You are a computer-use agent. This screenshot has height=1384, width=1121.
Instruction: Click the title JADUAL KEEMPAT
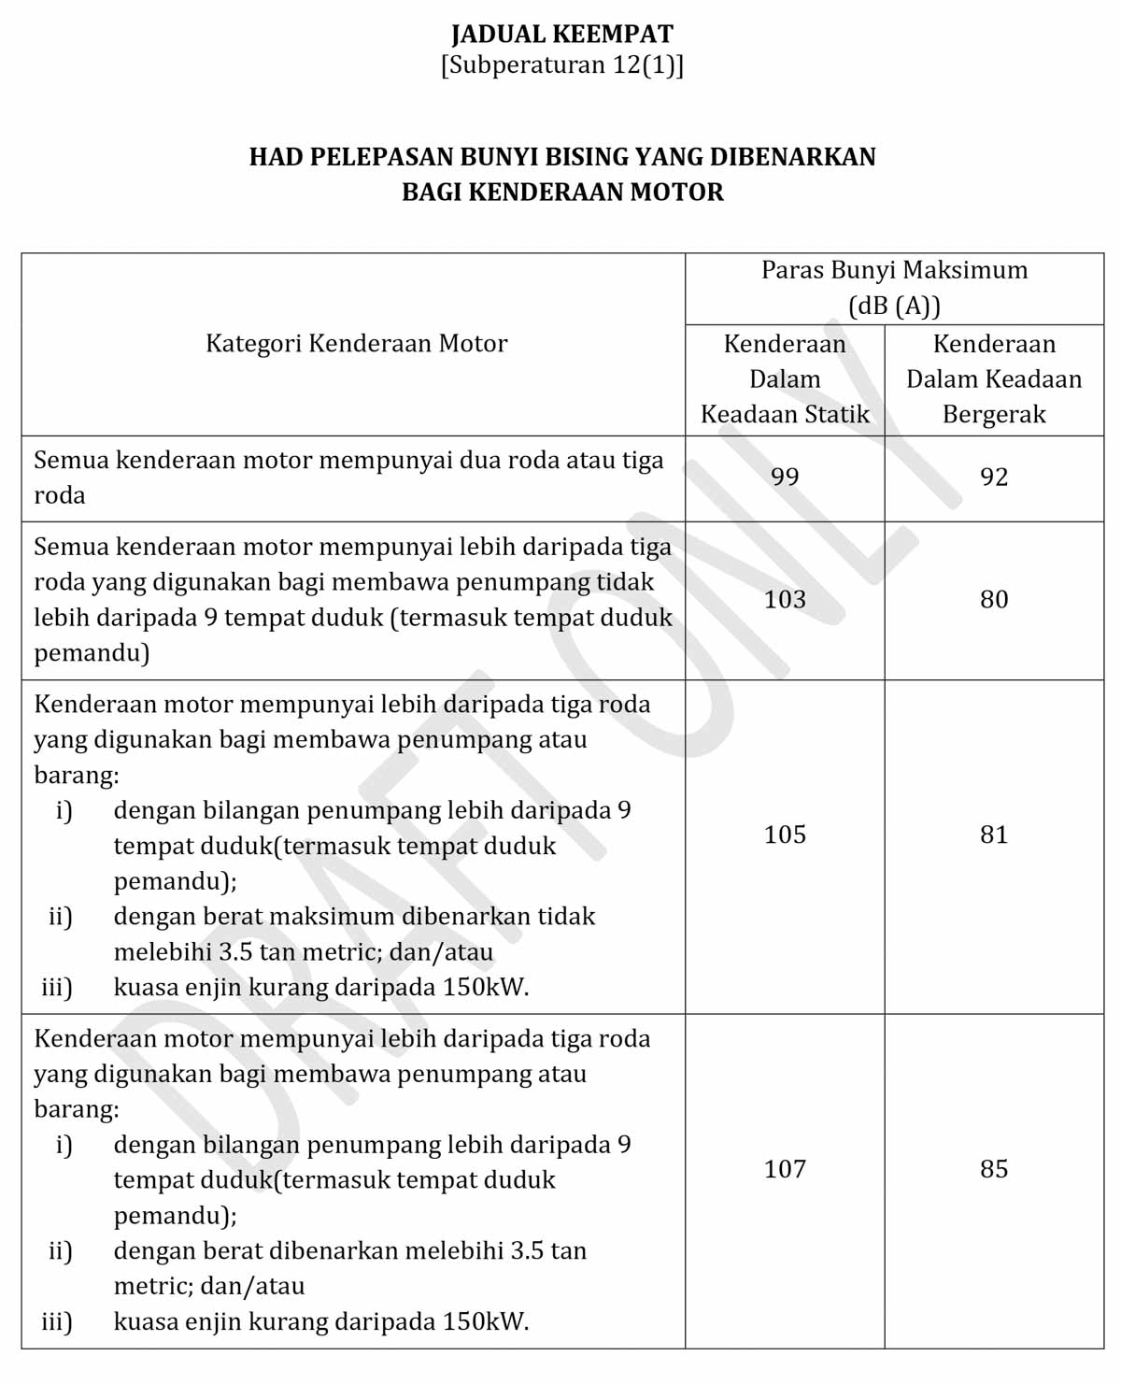561,35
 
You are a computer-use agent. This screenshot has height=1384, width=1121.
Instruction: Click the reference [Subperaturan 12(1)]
561,66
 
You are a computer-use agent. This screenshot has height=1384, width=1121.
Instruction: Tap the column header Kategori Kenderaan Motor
356,344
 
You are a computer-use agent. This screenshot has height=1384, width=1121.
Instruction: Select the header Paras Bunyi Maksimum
894,270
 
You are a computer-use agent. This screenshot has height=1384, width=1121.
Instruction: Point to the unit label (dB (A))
894,306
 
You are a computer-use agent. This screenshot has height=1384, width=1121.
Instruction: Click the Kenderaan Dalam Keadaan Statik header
785,378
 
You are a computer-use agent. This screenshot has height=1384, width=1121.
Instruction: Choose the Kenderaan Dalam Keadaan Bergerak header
994,378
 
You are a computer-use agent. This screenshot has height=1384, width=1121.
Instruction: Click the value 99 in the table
785,478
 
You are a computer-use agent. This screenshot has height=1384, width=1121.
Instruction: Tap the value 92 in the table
994,478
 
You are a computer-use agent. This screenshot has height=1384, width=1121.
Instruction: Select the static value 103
785,600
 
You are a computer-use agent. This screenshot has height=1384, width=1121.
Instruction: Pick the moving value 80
994,600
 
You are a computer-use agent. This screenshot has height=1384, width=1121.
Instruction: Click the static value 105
785,835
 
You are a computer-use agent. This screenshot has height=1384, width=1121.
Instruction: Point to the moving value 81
994,835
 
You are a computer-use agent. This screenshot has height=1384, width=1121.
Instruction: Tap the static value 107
785,1169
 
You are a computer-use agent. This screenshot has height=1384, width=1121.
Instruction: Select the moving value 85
994,1169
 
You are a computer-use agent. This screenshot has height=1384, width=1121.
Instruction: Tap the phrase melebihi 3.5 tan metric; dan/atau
303,952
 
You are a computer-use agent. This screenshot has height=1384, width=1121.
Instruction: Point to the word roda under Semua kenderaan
60,495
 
